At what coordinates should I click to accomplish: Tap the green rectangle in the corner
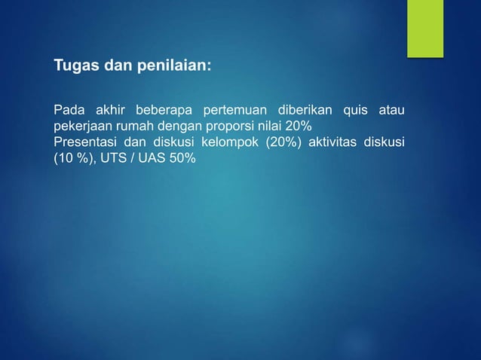(x=425, y=28)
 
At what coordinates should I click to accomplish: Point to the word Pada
(x=68, y=112)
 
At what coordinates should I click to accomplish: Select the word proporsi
(x=222, y=126)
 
